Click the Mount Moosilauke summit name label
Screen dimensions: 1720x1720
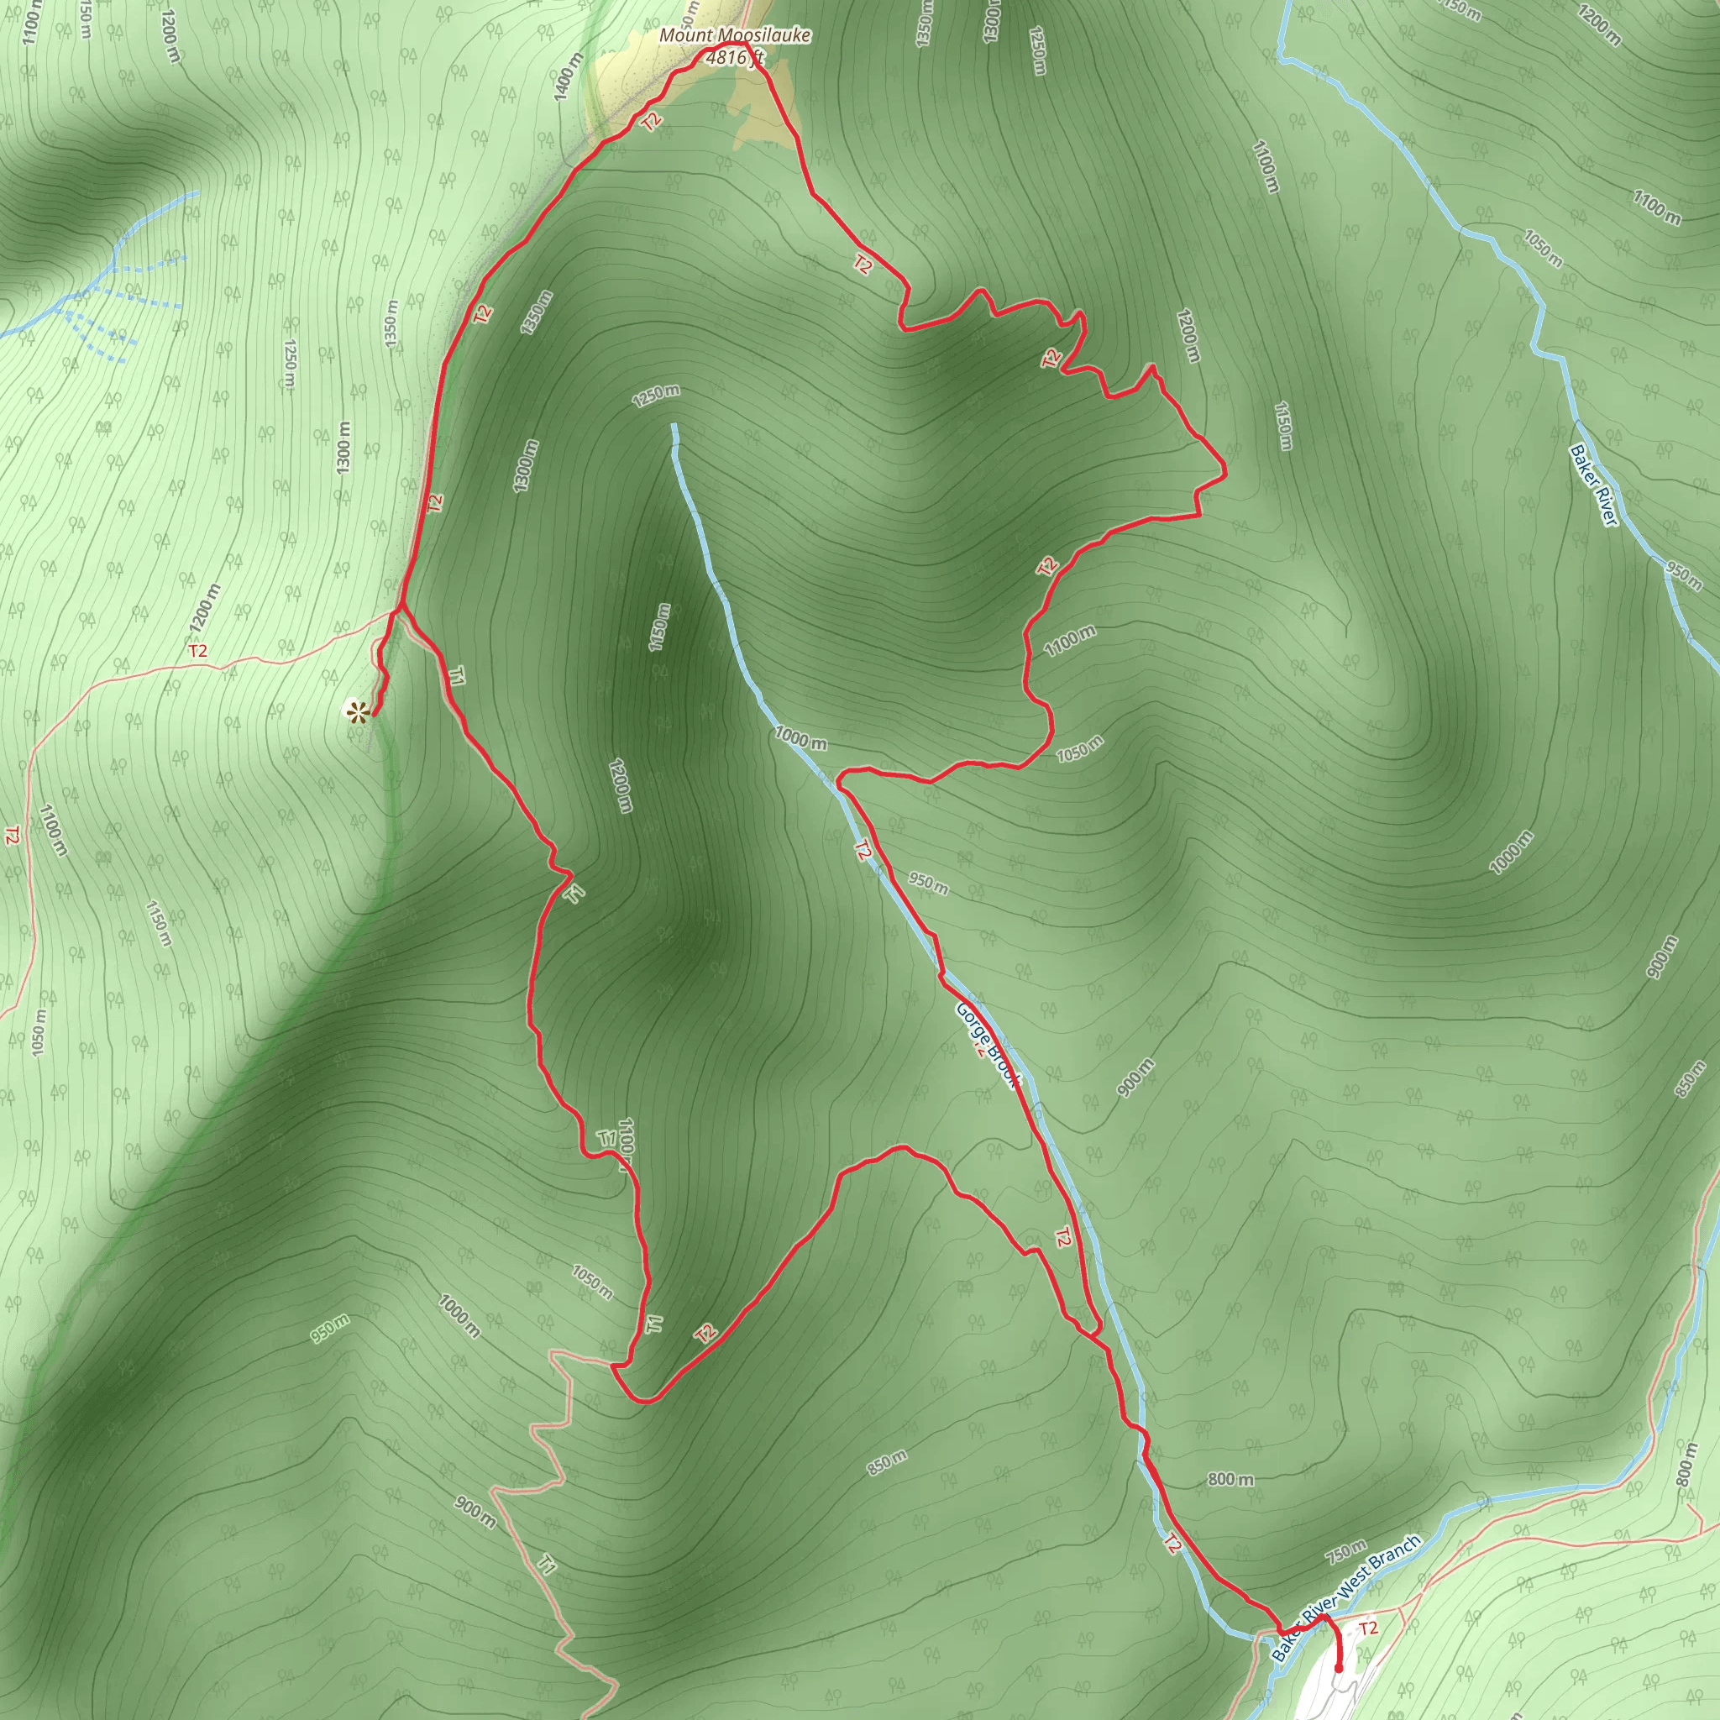735,35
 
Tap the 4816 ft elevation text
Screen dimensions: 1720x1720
733,58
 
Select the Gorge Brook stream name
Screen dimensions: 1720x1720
987,1043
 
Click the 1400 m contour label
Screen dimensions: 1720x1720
567,76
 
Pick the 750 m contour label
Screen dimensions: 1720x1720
1345,1551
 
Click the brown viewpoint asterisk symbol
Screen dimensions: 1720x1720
356,711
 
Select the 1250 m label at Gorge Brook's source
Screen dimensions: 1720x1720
656,396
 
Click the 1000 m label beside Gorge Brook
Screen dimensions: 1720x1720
800,737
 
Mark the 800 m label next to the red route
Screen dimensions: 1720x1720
1231,1479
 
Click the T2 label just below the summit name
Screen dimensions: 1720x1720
653,121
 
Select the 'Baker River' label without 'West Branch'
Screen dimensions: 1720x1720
1592,485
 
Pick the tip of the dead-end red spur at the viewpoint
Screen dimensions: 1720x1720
371,714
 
